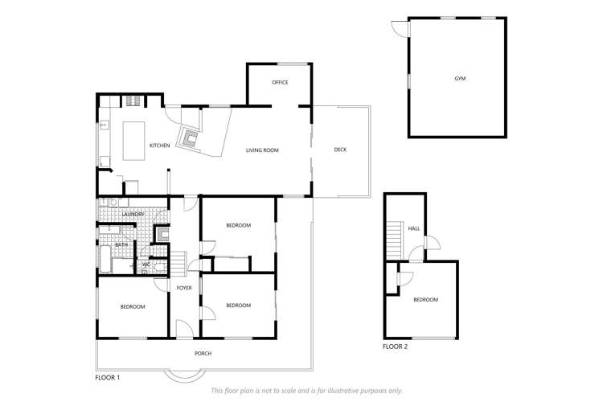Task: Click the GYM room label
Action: [460, 79]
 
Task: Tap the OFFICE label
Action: [280, 83]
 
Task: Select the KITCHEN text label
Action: [159, 146]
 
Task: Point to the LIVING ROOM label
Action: [262, 150]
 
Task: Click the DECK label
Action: [340, 150]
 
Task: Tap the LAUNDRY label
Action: [133, 215]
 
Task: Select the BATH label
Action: [121, 244]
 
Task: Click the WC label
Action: [146, 265]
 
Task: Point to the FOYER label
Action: [184, 287]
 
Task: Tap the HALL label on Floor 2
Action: [414, 229]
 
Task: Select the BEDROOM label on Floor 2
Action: [425, 300]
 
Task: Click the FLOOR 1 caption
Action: [107, 376]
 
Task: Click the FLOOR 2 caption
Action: [395, 347]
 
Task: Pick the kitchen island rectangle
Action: [132, 142]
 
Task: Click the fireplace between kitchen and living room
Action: [191, 138]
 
